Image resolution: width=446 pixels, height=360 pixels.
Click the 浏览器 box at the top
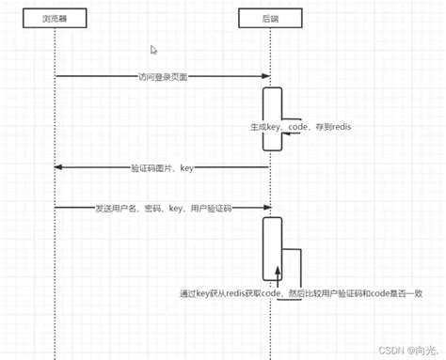(x=55, y=18)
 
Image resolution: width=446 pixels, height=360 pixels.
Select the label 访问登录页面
(x=163, y=77)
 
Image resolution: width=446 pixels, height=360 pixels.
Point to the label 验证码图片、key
(x=162, y=168)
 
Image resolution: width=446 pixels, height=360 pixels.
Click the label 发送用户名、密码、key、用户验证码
(x=163, y=207)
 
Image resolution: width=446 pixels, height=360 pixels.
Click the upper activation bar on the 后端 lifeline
(x=272, y=118)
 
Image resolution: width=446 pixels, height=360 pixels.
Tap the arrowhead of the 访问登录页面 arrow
(x=267, y=77)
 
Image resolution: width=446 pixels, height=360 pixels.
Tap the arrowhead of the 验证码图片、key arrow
(x=58, y=168)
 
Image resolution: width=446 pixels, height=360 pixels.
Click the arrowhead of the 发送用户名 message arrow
(x=267, y=207)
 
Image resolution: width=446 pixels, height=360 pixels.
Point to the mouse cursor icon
(x=154, y=50)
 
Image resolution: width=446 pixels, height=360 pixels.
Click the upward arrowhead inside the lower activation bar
(x=278, y=271)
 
